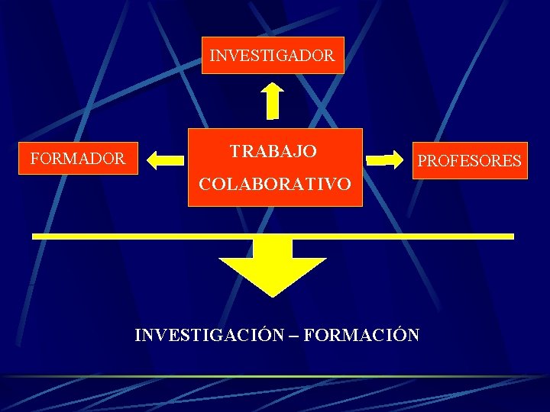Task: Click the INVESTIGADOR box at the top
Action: click(x=273, y=55)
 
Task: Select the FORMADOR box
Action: click(x=78, y=159)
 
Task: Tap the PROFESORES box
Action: click(x=470, y=160)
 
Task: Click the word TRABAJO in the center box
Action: click(x=273, y=151)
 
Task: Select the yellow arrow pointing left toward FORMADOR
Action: click(x=166, y=159)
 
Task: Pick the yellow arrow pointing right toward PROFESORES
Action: click(x=389, y=159)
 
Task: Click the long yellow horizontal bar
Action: click(x=153, y=236)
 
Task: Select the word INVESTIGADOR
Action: click(x=272, y=56)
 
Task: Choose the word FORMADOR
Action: click(x=77, y=159)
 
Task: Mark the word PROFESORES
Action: click(x=470, y=161)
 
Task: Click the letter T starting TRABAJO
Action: click(x=236, y=151)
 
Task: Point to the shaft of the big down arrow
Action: click(x=272, y=249)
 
